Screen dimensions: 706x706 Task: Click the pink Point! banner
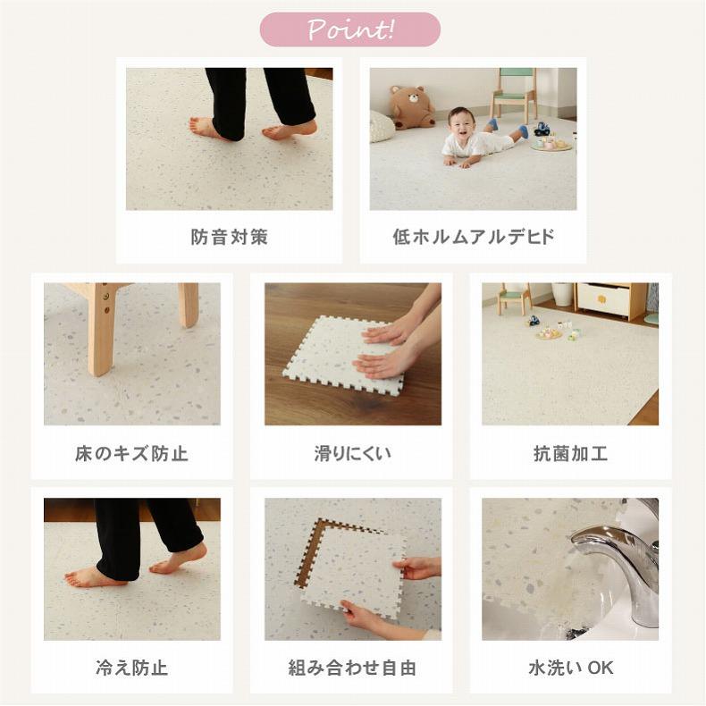pyautogui.click(x=350, y=29)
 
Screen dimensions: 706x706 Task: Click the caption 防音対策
pyautogui.click(x=229, y=238)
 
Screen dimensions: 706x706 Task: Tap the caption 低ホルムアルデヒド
pyautogui.click(x=473, y=238)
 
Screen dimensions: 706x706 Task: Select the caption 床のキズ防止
pyautogui.click(x=131, y=453)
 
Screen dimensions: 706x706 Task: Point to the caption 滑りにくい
pyautogui.click(x=352, y=453)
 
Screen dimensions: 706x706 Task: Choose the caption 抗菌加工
pyautogui.click(x=570, y=453)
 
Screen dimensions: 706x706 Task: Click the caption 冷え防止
pyautogui.click(x=131, y=668)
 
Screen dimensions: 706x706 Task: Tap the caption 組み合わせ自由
pyautogui.click(x=352, y=668)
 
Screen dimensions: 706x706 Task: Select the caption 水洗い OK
pyautogui.click(x=570, y=668)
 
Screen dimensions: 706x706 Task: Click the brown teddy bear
pyautogui.click(x=412, y=108)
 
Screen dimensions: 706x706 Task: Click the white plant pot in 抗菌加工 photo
pyautogui.click(x=562, y=294)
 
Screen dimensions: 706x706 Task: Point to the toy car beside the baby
pyautogui.click(x=542, y=129)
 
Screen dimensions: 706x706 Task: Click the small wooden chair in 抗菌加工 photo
pyautogui.click(x=513, y=298)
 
